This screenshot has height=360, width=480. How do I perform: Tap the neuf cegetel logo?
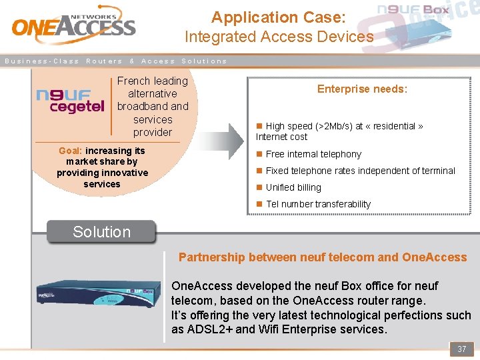coord(70,102)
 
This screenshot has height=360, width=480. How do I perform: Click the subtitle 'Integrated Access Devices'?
coord(279,37)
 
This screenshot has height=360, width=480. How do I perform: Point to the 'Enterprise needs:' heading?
coord(362,89)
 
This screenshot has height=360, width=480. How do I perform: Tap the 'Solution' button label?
coord(101,232)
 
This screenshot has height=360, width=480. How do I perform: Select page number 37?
coord(461,349)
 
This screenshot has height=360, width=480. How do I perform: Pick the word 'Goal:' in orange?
coord(71,151)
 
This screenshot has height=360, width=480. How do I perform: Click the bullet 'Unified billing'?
coord(293,187)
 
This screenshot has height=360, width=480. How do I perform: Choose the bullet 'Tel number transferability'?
coord(318,204)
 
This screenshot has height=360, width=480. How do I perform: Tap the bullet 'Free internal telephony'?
coord(313,154)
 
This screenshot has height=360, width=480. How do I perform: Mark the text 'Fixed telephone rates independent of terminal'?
coord(360,171)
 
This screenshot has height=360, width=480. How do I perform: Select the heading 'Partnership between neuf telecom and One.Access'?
coord(323,257)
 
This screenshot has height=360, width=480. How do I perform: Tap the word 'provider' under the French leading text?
coord(153,132)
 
